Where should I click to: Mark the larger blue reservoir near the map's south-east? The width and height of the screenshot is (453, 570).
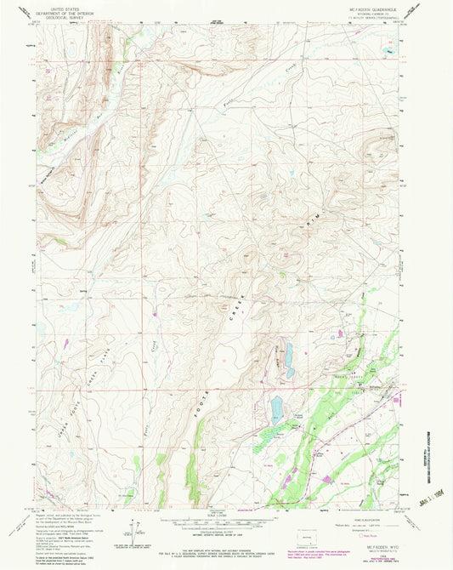pyautogui.click(x=277, y=408)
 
